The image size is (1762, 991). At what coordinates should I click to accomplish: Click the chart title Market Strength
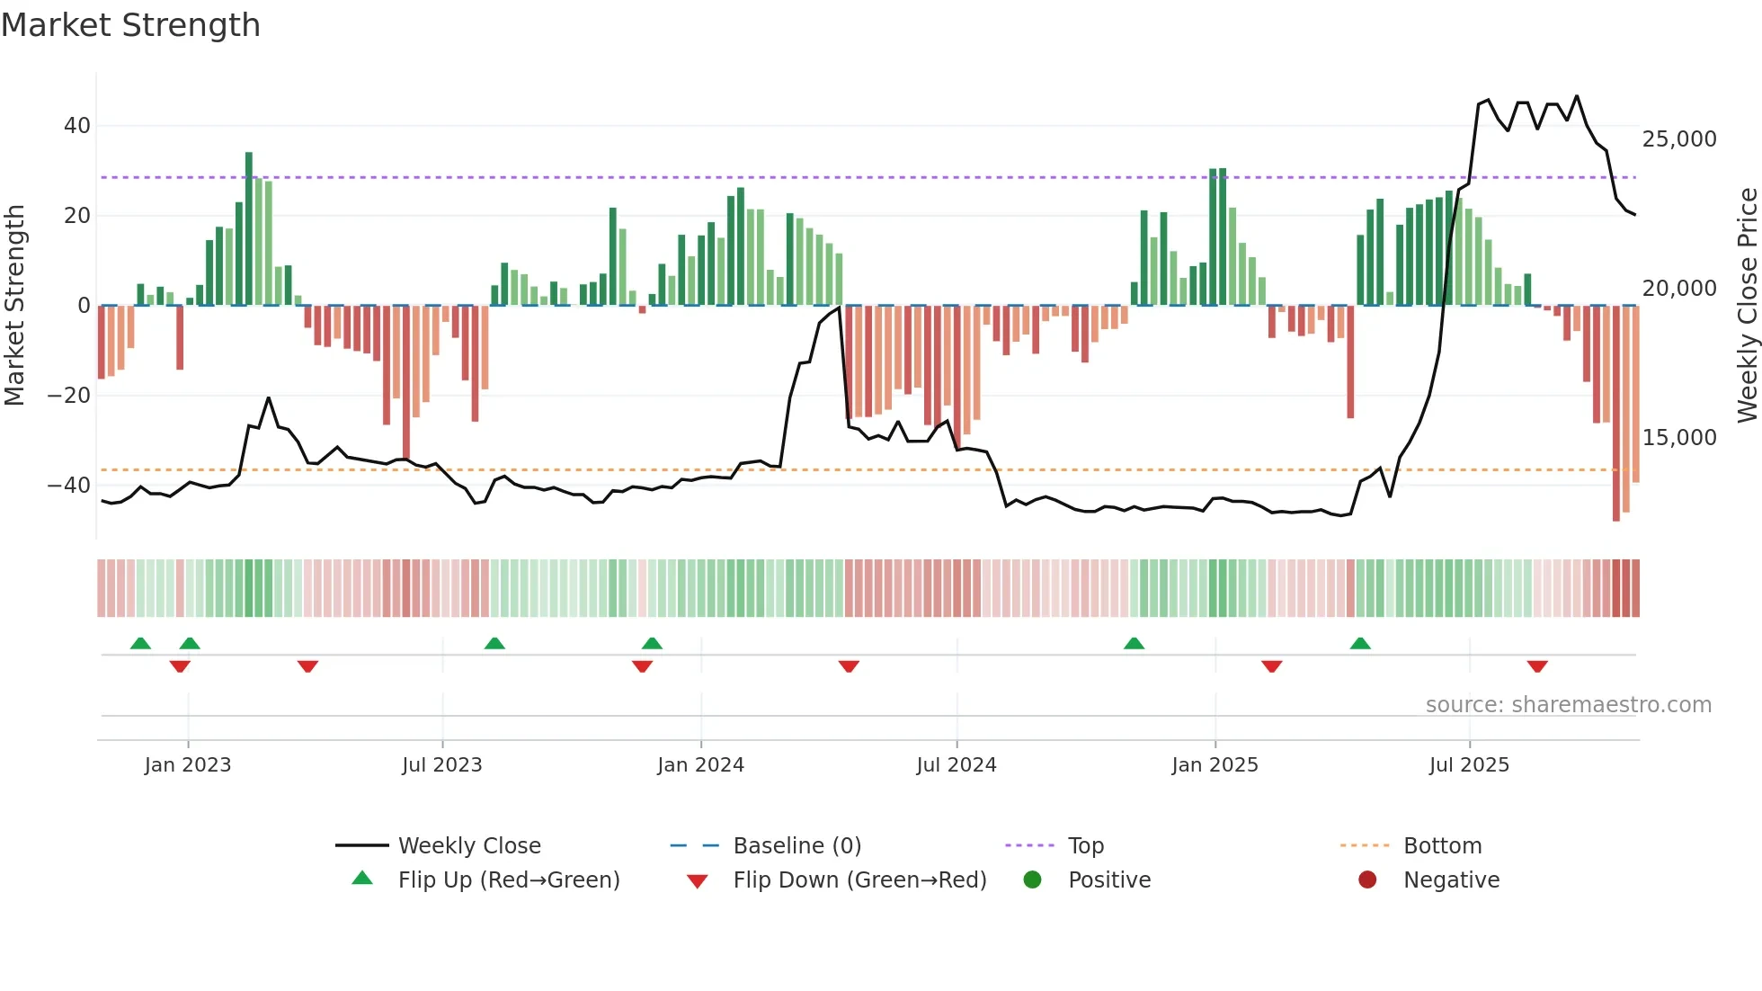click(130, 25)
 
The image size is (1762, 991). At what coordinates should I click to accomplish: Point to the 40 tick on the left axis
click(77, 126)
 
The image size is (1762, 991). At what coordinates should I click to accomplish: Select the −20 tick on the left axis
click(69, 396)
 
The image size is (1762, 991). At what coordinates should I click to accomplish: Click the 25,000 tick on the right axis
click(1678, 139)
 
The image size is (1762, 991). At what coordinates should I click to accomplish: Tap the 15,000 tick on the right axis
click(1678, 438)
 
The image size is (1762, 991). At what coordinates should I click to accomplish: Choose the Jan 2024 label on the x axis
click(700, 765)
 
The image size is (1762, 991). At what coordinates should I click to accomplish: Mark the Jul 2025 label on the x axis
click(1469, 765)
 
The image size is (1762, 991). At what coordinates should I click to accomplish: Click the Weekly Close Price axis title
click(1747, 305)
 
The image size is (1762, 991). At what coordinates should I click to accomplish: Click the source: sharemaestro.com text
click(1568, 705)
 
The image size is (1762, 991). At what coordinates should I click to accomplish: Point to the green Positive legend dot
click(1032, 880)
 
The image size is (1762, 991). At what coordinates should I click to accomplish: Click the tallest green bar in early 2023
click(249, 228)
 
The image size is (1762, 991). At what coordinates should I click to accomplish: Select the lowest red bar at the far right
click(1615, 414)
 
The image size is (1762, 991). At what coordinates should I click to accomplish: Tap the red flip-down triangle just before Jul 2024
click(849, 666)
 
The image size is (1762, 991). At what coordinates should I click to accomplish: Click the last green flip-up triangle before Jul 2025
click(1360, 643)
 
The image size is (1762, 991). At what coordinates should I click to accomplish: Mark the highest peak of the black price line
click(1576, 96)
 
